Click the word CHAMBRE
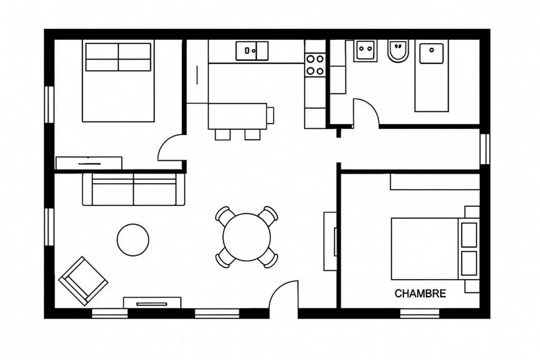(x=420, y=294)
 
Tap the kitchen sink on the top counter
(x=251, y=50)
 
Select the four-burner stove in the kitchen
(x=314, y=64)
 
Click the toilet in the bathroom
(x=398, y=51)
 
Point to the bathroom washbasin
(x=366, y=51)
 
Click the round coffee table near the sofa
(x=132, y=239)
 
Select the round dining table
(x=247, y=236)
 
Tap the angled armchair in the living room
(x=83, y=280)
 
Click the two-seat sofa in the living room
(x=133, y=189)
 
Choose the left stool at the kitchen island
(x=223, y=134)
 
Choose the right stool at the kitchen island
(x=252, y=134)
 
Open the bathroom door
(x=366, y=113)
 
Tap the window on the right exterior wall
(x=484, y=149)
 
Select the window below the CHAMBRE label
(x=420, y=313)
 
